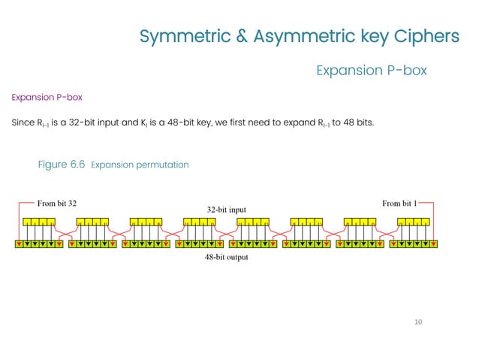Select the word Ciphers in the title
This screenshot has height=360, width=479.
click(x=426, y=36)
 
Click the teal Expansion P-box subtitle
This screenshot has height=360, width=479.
click(x=372, y=71)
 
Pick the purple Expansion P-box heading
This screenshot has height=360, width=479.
click(x=47, y=98)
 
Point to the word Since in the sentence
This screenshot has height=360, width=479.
click(x=23, y=122)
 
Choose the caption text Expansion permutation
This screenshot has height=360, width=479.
click(x=139, y=165)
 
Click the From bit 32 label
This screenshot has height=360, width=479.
click(x=57, y=203)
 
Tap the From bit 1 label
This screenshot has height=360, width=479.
click(x=399, y=203)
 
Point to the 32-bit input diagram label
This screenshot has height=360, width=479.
click(x=226, y=209)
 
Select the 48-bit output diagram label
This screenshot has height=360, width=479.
click(x=226, y=257)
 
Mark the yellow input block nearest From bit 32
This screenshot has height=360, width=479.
click(x=39, y=222)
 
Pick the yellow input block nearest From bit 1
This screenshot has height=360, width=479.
click(x=414, y=222)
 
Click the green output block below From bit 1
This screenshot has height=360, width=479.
click(x=414, y=244)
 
